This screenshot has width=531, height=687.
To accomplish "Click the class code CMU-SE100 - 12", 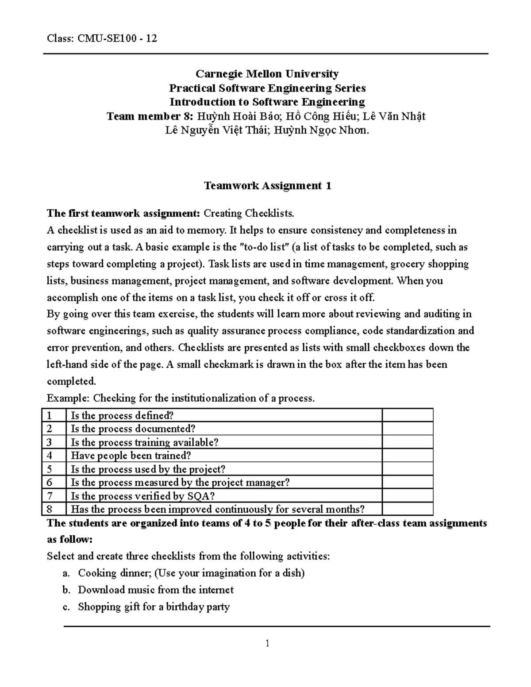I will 117,38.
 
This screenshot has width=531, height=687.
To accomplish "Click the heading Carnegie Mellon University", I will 267,73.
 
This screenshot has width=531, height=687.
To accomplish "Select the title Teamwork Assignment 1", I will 267,185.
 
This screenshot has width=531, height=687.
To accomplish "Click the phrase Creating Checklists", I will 249,214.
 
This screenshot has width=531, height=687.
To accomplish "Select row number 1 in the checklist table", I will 49,415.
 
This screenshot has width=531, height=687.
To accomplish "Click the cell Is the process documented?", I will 133,429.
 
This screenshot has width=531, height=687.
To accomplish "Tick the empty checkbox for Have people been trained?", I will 407,456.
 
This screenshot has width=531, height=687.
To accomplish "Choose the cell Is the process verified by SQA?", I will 143,496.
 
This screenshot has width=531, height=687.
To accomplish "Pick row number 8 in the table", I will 49,509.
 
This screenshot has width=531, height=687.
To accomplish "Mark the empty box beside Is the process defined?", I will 407,415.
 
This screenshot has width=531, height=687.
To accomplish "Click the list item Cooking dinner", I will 115,573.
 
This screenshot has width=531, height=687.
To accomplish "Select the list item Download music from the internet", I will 156,590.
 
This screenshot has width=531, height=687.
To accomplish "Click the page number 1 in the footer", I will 267,643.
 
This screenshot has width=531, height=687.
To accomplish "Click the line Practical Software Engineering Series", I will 267,88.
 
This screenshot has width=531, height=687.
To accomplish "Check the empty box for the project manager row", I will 407,483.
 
